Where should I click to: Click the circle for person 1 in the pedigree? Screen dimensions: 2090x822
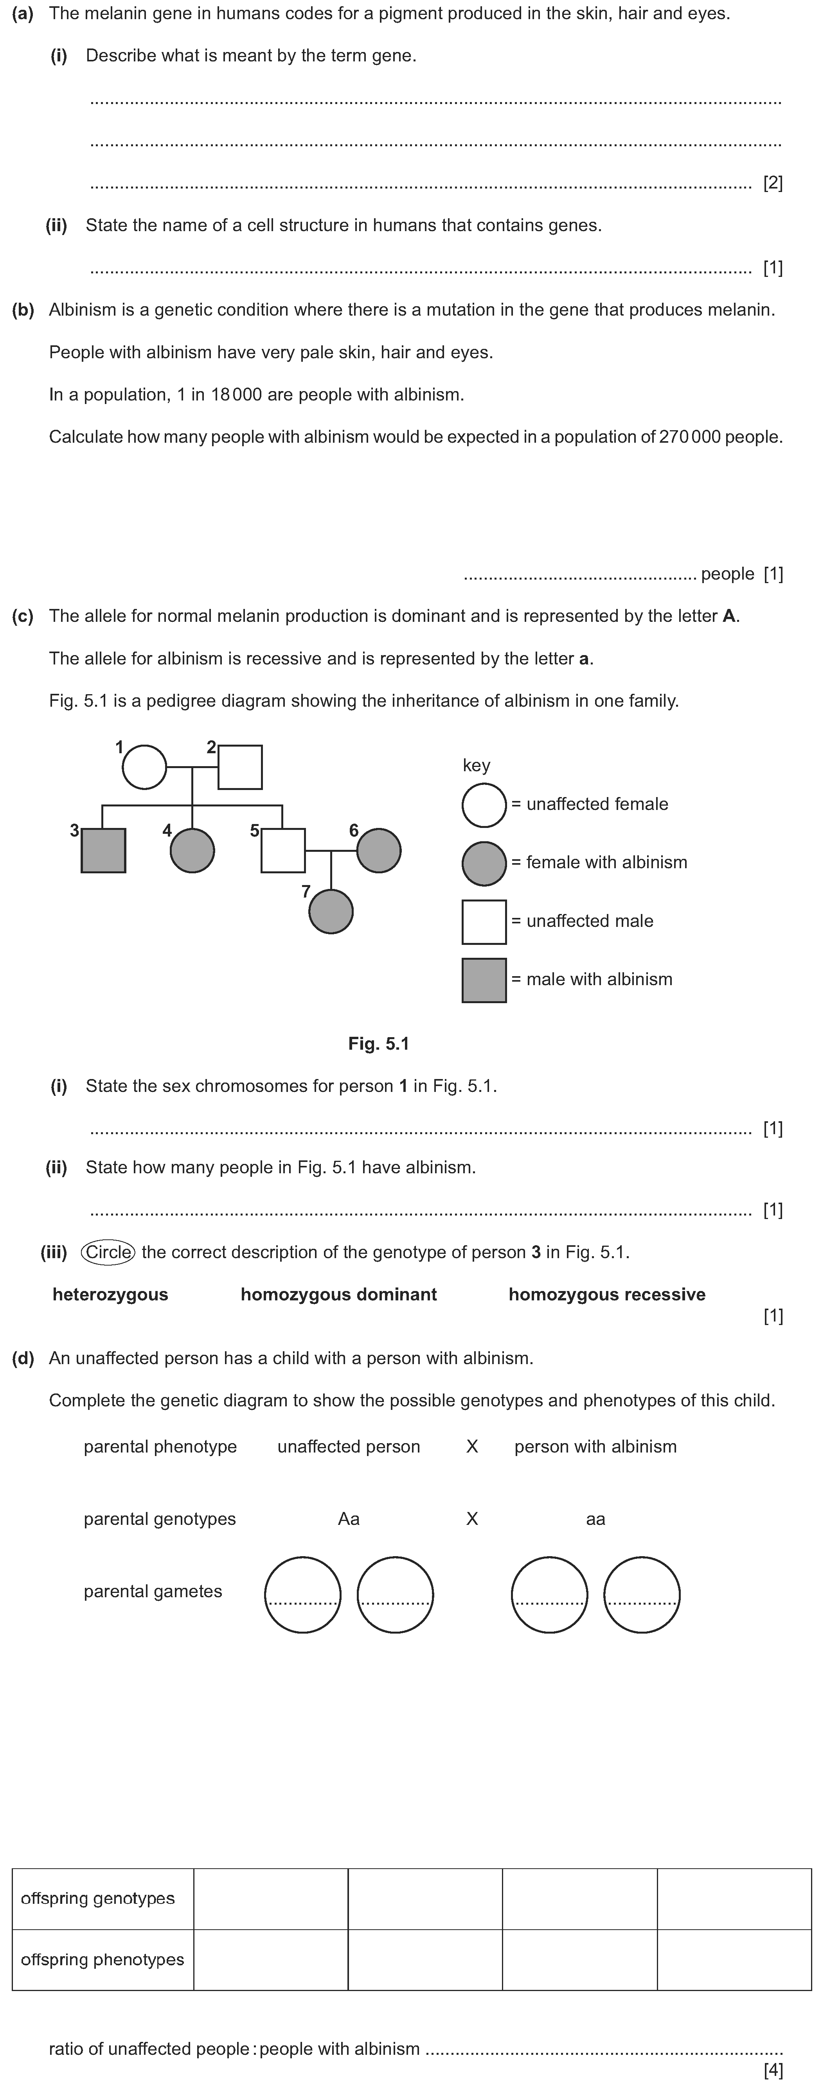click(144, 767)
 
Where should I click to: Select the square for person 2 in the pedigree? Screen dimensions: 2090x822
click(240, 767)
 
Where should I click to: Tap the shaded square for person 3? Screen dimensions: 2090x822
click(103, 850)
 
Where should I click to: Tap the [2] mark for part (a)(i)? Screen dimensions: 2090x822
click(772, 183)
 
